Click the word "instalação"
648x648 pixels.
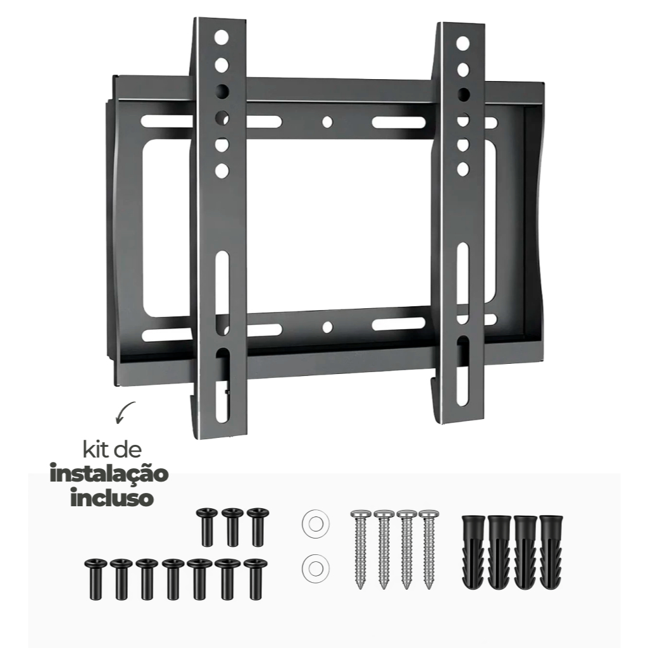point(109,474)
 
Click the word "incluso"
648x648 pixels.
point(111,497)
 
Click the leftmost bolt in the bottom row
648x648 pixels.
point(95,578)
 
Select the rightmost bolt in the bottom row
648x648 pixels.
point(255,578)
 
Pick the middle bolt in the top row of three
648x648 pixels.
point(232,526)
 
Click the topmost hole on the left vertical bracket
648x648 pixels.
point(221,37)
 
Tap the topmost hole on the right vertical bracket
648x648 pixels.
point(463,42)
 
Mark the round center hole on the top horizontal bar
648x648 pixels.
point(327,121)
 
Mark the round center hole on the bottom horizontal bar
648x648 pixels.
point(327,327)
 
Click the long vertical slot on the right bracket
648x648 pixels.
point(463,278)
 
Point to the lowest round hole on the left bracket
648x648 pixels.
point(221,170)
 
